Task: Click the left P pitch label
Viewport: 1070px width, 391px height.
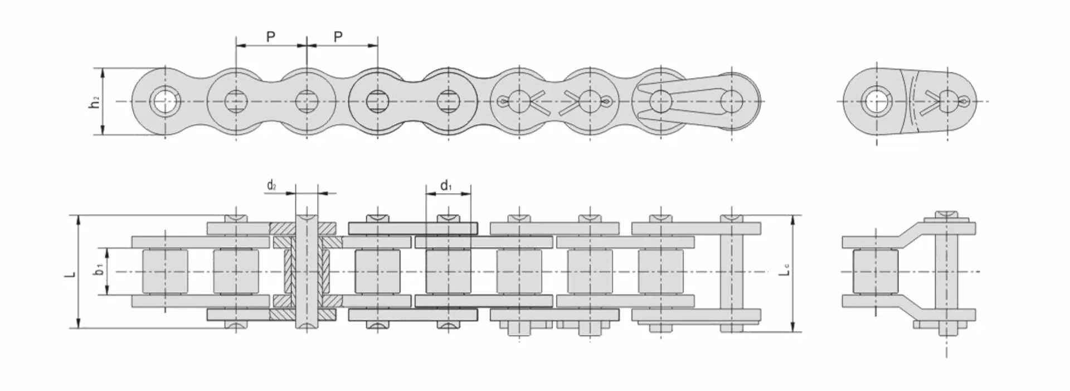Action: click(271, 37)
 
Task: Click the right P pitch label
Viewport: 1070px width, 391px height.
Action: click(338, 37)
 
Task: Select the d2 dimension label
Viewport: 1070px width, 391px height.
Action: click(272, 185)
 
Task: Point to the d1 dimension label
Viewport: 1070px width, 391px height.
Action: click(446, 185)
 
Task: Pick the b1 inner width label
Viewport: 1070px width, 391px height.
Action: click(99, 269)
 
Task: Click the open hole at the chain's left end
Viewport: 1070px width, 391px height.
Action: click(165, 102)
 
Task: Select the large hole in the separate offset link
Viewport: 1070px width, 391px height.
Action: click(877, 102)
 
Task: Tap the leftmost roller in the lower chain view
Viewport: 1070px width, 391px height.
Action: click(166, 272)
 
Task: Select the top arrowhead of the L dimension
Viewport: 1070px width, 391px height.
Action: click(79, 220)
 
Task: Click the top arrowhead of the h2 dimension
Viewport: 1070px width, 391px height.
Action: click(103, 73)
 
